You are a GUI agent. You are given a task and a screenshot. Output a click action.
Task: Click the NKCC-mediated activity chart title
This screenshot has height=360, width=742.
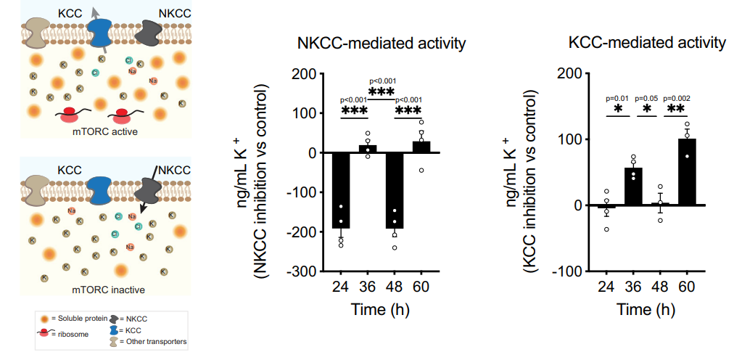point(382,44)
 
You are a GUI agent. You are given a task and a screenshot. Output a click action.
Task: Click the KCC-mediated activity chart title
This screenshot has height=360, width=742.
point(647,44)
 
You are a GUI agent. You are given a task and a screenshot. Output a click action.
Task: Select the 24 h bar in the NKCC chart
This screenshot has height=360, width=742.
point(341,190)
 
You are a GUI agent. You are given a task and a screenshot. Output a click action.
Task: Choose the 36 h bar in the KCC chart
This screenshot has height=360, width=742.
point(633,187)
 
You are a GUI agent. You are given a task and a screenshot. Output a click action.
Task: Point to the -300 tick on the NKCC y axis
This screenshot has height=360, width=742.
point(308,271)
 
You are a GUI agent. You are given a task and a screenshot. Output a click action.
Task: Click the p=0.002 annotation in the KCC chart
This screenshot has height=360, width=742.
point(686,99)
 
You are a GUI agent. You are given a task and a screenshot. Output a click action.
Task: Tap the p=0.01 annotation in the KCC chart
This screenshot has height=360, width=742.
point(619,99)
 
